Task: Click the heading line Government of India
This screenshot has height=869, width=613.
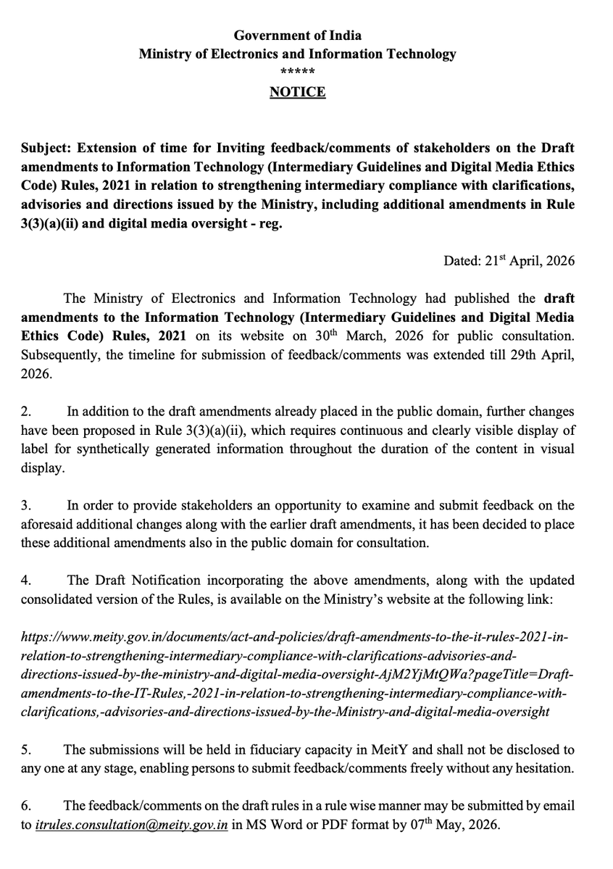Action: [x=297, y=36]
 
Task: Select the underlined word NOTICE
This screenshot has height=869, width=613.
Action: [x=298, y=93]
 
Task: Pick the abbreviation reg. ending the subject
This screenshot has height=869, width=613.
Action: [x=274, y=223]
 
